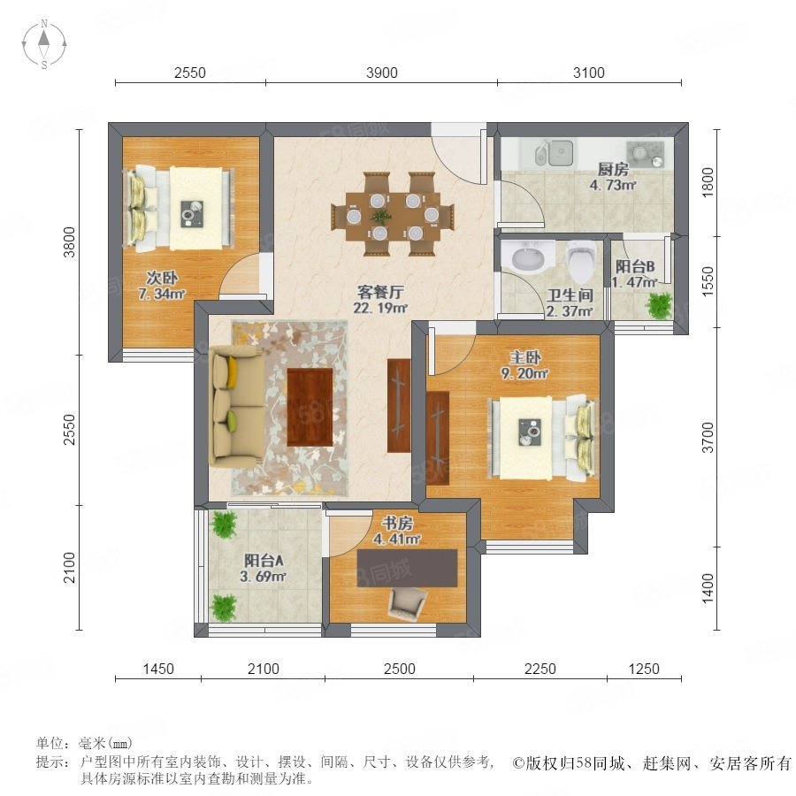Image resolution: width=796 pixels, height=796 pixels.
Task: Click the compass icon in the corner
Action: click(44, 44)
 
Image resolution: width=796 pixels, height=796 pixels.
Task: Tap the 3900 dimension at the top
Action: click(382, 73)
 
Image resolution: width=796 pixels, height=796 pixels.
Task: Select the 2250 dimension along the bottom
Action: click(540, 669)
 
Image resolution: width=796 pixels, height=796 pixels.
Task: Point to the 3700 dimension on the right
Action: click(708, 437)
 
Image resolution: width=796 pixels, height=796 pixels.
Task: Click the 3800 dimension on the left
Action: click(69, 242)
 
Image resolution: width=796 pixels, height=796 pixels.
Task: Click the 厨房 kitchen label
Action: click(613, 169)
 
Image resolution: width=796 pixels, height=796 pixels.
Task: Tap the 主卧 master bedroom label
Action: click(524, 357)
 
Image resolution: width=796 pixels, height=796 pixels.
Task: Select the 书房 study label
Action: click(397, 523)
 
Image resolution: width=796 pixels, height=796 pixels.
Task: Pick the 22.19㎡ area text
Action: click(380, 308)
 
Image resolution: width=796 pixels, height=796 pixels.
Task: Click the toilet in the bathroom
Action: click(581, 262)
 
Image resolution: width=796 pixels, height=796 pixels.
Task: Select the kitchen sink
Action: click(554, 152)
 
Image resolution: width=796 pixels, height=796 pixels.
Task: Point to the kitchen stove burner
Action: click(645, 154)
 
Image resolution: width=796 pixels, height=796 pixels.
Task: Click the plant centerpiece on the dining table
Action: click(380, 217)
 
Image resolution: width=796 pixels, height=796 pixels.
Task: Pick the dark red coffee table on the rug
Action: click(310, 407)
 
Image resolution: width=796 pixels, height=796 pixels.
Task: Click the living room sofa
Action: click(235, 407)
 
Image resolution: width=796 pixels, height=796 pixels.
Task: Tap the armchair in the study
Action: click(407, 605)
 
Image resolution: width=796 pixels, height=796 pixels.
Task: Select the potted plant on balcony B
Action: click(658, 306)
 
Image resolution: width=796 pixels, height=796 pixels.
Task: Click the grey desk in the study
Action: click(407, 568)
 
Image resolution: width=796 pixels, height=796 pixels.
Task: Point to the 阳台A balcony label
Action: click(264, 561)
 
